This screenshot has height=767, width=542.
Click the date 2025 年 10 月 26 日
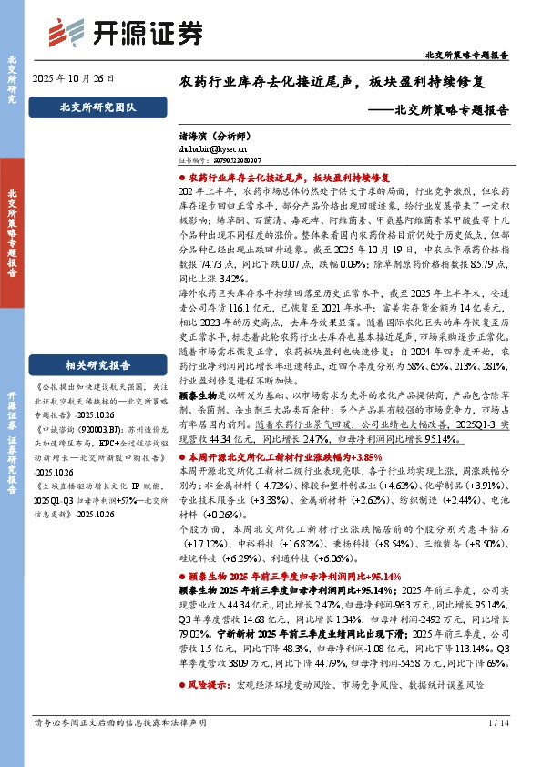coord(75,78)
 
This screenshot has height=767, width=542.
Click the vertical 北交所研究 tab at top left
coord(13,78)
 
